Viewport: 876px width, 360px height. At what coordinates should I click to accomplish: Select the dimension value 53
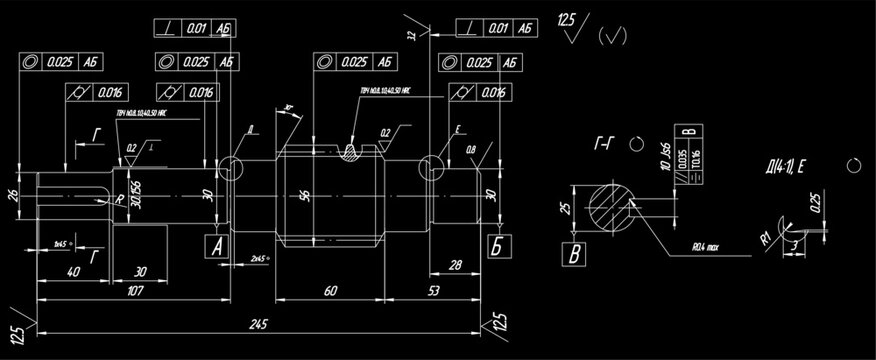(434, 291)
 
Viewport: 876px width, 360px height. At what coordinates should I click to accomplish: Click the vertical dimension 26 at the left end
(13, 194)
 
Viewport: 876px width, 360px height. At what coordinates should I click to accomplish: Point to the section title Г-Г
(603, 145)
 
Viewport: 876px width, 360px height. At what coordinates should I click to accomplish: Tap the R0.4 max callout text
(716, 242)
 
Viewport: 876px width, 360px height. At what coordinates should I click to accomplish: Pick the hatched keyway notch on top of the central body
(352, 152)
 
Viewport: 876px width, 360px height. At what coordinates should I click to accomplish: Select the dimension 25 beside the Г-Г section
(565, 208)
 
